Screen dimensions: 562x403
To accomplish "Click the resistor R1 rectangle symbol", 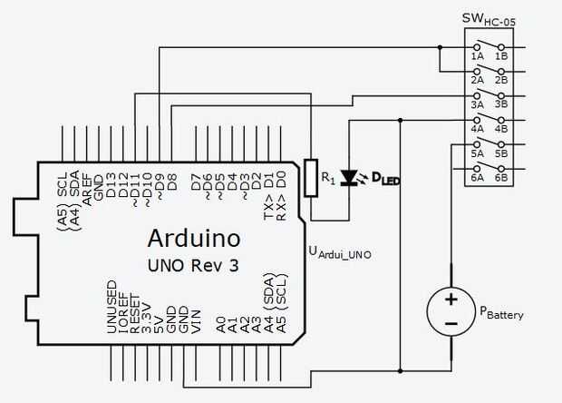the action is (311, 178).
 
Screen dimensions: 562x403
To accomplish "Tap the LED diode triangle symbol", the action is (348, 178).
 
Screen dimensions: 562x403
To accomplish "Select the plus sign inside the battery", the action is (451, 300).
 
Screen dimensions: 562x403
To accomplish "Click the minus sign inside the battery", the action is (451, 324).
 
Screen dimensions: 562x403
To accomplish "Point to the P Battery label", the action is (501, 313).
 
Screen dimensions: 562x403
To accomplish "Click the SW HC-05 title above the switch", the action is (489, 19).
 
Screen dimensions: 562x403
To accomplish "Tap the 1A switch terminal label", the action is (477, 56).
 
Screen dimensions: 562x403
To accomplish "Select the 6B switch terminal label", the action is (501, 178).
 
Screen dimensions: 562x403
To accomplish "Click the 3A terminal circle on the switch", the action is (477, 96).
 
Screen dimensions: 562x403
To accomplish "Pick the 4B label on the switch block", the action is (501, 129).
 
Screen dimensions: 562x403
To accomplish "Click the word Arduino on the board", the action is (194, 238).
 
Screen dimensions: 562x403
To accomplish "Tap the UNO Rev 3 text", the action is (193, 266).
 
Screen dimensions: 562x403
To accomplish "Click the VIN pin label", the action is (196, 322).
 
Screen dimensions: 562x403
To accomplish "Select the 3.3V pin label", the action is (147, 319).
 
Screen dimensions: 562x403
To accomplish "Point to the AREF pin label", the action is (87, 190).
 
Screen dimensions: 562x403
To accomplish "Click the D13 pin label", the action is (111, 185).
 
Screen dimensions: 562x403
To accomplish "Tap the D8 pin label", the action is (172, 182).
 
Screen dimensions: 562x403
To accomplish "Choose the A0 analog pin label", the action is (221, 324).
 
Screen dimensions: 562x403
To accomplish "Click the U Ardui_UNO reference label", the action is (340, 252).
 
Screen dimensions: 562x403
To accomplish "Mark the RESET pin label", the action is (134, 314).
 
